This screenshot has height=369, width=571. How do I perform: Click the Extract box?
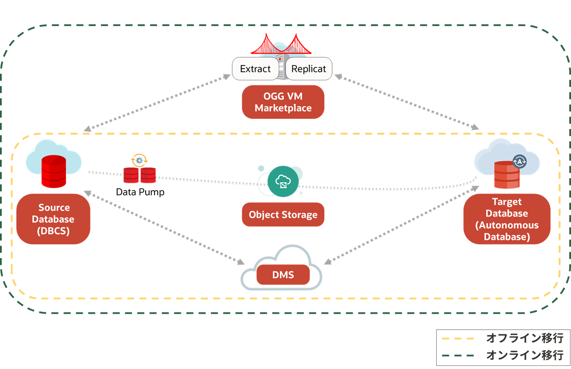coord(255,69)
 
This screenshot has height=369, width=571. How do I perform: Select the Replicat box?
coord(309,69)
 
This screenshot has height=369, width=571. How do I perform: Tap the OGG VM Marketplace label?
coord(283,102)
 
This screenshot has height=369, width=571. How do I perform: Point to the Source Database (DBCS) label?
coord(53,219)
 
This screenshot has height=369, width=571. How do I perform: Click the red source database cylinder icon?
coord(54,171)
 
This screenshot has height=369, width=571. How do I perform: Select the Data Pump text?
coord(140,192)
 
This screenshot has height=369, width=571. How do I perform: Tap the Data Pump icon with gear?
coord(140,170)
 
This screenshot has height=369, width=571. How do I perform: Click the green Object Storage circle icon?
coord(283,181)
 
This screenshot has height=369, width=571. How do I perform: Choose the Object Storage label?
coord(283,215)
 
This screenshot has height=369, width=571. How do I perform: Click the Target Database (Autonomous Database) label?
coord(507,219)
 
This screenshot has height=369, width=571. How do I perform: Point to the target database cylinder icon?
coord(507,176)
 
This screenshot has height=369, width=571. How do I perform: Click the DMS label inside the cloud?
coord(283,275)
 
